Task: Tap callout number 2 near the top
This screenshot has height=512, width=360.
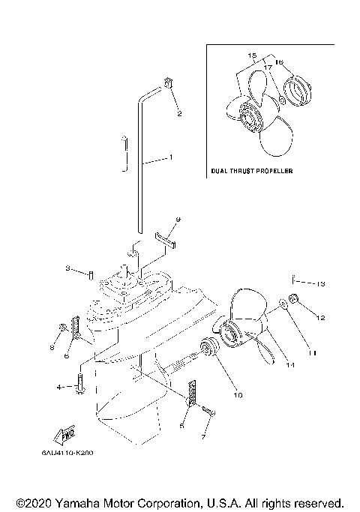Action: click(x=178, y=113)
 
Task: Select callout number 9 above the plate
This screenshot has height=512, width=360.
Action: click(x=178, y=220)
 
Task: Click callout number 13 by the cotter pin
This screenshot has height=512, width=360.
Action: click(x=320, y=283)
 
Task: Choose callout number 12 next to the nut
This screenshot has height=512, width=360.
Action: click(x=320, y=318)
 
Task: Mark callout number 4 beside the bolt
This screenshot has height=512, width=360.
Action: click(x=58, y=387)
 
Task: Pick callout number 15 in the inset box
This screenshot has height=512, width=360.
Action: click(x=251, y=55)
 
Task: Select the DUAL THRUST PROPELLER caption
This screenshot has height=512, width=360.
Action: click(x=252, y=171)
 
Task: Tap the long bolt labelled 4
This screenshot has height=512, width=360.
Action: click(x=80, y=388)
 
